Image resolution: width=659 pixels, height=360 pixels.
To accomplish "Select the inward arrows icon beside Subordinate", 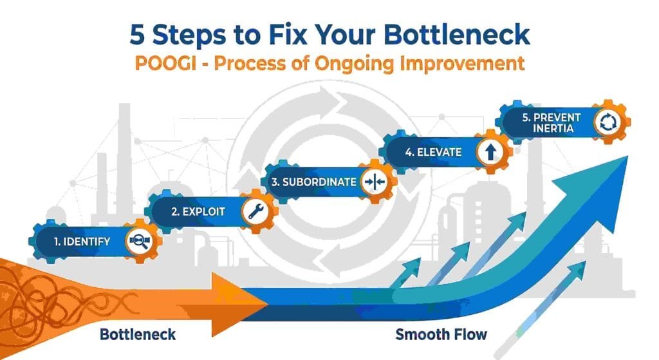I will [374, 182].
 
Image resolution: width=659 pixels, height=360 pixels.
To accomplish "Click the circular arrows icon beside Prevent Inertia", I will [607, 123].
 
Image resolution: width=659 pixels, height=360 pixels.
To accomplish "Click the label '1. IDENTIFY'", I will [82, 242].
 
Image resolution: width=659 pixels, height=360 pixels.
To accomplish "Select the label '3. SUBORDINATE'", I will [313, 182].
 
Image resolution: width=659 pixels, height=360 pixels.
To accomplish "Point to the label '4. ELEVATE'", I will [433, 153].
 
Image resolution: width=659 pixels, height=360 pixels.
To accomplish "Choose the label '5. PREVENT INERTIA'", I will [552, 123].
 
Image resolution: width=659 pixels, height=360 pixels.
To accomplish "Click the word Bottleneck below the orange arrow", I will [138, 335].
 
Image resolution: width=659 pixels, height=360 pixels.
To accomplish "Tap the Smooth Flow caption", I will [441, 335].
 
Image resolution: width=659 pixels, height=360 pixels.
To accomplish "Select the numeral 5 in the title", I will [138, 35].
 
